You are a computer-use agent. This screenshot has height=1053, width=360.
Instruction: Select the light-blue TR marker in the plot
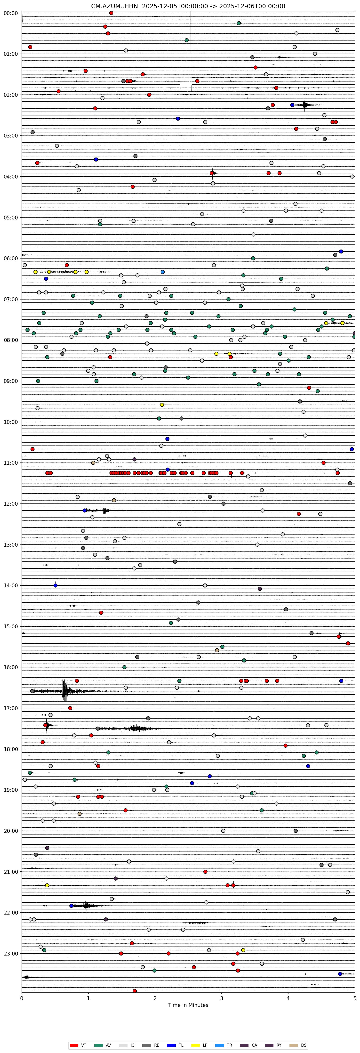pos(163,272)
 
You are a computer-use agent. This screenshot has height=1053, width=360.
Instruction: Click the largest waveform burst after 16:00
pos(64,691)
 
